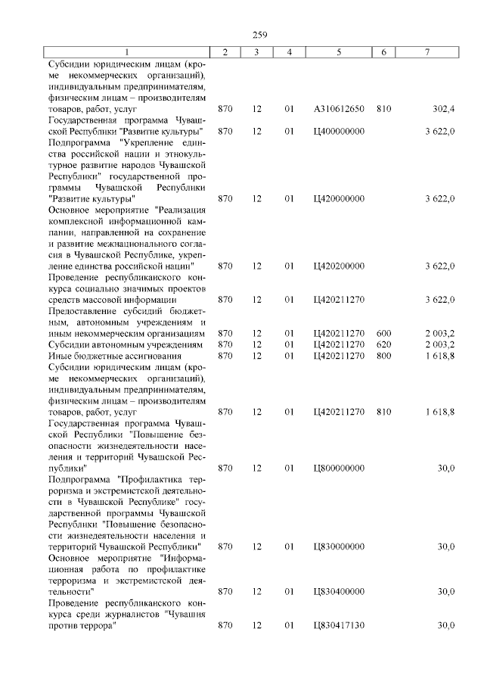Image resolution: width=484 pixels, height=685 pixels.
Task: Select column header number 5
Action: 339,51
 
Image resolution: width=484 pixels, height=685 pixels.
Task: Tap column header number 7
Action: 427,51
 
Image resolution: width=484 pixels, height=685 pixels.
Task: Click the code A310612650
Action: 339,109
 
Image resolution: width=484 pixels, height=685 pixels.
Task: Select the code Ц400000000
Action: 339,131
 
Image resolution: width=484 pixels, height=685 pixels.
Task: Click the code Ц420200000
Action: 339,266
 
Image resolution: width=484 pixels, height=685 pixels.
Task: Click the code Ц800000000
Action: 339,468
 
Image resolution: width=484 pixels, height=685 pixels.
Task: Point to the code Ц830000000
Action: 339,546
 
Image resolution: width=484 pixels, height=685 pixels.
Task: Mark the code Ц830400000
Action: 339,591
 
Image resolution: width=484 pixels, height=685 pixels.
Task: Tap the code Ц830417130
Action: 339,625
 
